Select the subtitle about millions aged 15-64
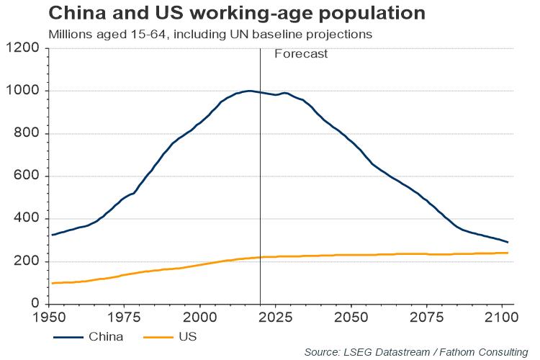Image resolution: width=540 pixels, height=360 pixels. coord(210,34)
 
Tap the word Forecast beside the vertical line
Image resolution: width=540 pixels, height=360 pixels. coord(301,53)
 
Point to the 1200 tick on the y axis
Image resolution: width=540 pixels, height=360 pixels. coord(22,48)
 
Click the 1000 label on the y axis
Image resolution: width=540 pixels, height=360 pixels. coord(22,91)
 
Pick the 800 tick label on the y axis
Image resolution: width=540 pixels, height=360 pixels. coord(26,133)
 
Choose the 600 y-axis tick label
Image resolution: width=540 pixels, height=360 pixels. coord(26,176)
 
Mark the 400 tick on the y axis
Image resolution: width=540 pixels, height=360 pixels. coord(26,219)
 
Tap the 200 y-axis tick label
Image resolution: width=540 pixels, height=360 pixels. coord(26,261)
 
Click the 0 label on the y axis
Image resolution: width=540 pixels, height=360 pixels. coord(34,304)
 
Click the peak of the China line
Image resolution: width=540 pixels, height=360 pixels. coord(248,91)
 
